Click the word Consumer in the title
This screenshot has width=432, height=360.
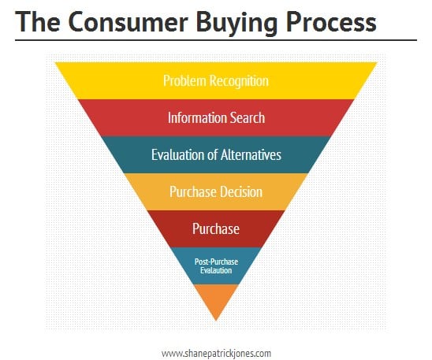[128, 22]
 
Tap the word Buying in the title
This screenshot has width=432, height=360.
[236, 24]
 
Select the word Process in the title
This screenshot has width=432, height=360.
[331, 22]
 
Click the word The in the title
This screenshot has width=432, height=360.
[38, 21]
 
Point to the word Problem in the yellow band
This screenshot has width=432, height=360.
[184, 81]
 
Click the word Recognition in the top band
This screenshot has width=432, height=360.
[239, 81]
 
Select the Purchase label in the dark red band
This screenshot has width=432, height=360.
[216, 228]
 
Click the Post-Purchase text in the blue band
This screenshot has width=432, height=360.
[216, 262]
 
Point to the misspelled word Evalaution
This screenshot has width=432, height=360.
[216, 270]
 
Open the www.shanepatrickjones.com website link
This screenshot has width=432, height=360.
[216, 353]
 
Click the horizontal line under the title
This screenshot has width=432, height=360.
[216, 40]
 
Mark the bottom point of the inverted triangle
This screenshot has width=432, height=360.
[216, 321]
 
